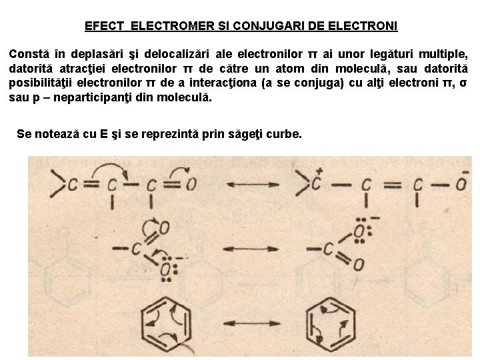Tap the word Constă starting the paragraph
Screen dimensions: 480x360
(x=27, y=53)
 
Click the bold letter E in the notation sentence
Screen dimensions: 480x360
(x=104, y=134)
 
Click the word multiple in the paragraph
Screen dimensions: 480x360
(x=443, y=53)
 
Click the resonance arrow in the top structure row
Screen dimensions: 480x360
(x=253, y=184)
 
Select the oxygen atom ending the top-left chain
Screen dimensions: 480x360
(x=191, y=184)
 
